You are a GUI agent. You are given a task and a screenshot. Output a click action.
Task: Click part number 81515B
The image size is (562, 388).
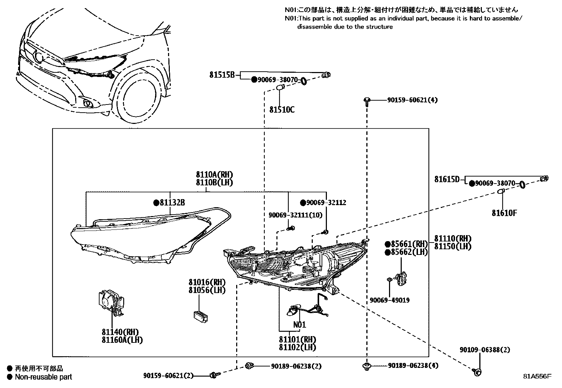pos(222,75)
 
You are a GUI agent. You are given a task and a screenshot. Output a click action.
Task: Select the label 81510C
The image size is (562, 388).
pos(282,110)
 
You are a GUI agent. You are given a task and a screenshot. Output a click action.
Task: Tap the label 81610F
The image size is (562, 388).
pos(504,213)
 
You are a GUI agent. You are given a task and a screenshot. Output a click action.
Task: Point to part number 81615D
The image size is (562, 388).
pos(447,180)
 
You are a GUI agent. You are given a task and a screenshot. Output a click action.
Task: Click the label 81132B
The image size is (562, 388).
pos(172,203)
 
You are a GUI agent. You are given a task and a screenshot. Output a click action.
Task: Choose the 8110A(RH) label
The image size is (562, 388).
pos(215,175)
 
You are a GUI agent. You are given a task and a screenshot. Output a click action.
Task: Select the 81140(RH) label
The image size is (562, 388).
pos(120,332)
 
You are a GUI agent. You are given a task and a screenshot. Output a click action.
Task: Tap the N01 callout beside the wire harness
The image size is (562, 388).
pos(299,324)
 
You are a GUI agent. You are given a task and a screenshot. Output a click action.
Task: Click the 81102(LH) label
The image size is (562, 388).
pos(297,347)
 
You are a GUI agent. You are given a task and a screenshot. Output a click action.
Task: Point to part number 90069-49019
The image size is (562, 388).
pos(390,300)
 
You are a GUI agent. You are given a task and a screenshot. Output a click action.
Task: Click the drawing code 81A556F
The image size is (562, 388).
pos(537,376)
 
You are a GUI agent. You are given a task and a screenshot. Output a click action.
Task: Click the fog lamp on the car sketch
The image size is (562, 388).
pos(88,103)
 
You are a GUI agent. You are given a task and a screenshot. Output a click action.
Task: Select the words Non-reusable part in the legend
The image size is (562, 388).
pos(43,377)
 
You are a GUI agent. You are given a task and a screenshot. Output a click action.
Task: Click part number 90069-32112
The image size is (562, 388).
pos(326,203)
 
